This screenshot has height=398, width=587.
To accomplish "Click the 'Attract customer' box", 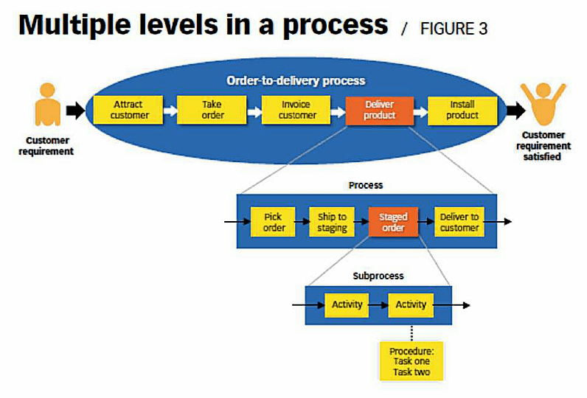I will (x=129, y=110).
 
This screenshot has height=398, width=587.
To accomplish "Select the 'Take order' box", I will (x=212, y=110).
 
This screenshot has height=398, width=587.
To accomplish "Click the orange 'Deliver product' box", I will (x=380, y=110).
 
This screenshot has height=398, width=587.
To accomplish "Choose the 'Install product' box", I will (x=462, y=110).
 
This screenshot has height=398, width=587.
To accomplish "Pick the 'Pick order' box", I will (x=274, y=222).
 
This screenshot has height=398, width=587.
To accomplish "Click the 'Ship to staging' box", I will (x=332, y=222).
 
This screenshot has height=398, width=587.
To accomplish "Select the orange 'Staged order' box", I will (x=393, y=222).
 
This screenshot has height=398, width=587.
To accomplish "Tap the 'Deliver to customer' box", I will (x=459, y=222).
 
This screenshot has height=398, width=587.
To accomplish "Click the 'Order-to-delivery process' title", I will (x=296, y=80).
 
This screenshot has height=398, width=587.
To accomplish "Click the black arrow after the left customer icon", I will (x=75, y=111).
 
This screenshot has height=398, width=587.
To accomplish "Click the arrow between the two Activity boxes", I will (x=378, y=304).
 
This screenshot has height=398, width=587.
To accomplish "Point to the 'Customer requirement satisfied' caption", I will (x=545, y=146).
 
